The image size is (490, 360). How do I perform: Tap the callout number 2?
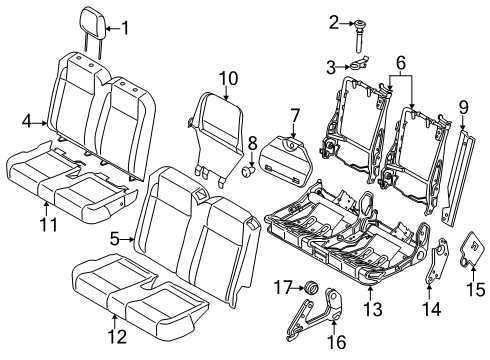(x=334, y=23)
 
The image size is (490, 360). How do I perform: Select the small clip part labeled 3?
(x=358, y=63)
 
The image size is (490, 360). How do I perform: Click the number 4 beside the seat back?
(x=28, y=121)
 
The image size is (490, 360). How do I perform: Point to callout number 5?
(x=115, y=239)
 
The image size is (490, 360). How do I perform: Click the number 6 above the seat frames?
(x=400, y=62)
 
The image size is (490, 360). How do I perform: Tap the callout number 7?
(x=294, y=116)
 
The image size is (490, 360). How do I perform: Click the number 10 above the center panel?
(x=228, y=78)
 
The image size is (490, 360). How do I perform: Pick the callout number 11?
(x=49, y=224)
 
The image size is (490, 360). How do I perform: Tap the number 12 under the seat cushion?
(x=117, y=337)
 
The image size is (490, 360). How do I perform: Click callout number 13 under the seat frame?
(x=373, y=309)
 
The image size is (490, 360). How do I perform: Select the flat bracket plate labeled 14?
(x=437, y=261)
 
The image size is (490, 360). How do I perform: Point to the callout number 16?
(x=336, y=342)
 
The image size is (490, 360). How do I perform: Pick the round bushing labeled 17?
(x=312, y=287)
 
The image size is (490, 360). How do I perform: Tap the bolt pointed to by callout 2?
(x=360, y=36)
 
